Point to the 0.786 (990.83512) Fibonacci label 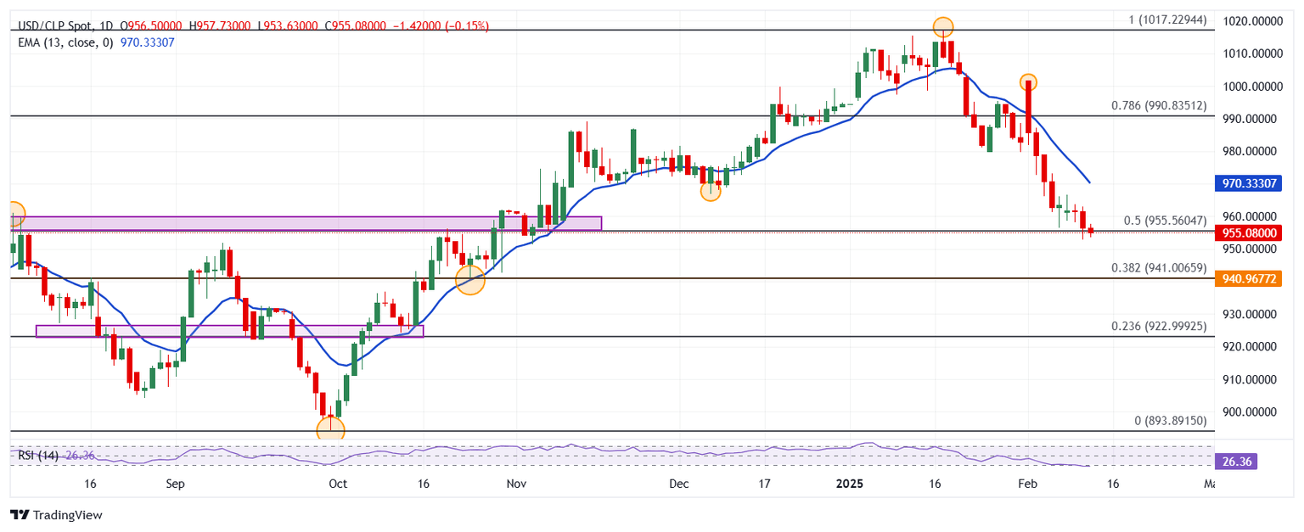[1158, 106]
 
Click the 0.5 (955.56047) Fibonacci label [1165, 221]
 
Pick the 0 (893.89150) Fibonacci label [1170, 420]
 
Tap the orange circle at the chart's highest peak [942, 27]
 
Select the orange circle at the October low [330, 429]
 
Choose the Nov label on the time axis [516, 484]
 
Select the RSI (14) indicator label [37, 456]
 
